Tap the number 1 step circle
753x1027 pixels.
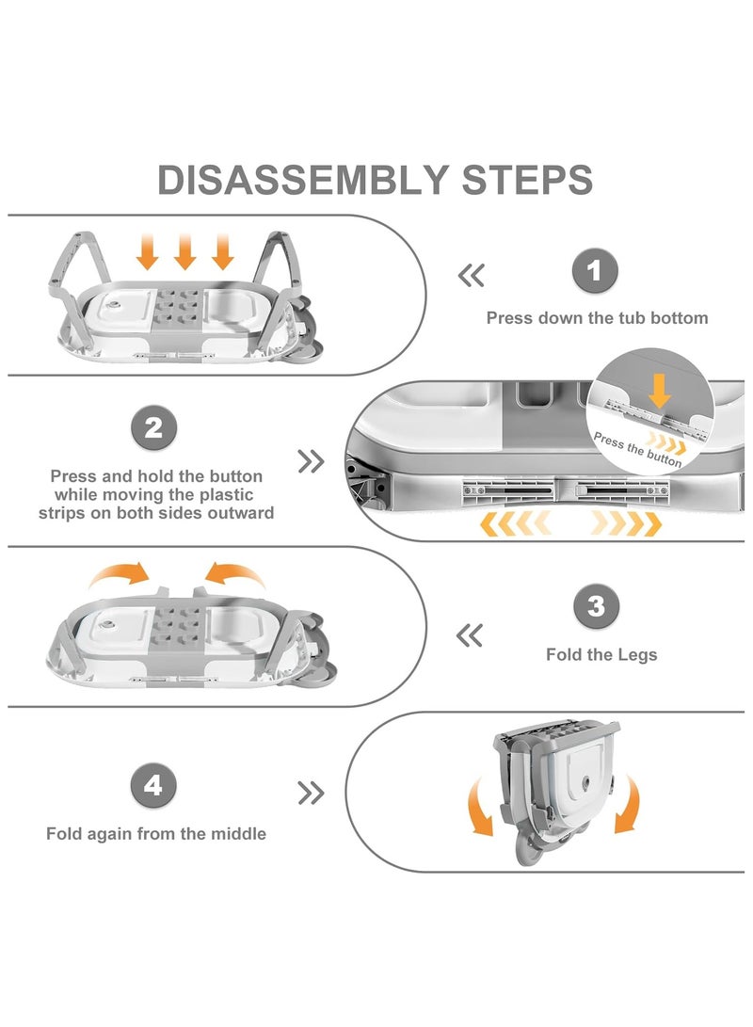(595, 272)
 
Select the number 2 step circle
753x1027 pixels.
(155, 429)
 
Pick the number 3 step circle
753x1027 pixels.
(597, 607)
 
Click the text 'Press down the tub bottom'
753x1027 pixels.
(597, 318)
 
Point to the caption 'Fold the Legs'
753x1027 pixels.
(601, 654)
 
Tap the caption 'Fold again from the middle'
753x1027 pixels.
(156, 834)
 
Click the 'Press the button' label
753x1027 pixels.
(638, 450)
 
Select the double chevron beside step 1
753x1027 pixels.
(471, 276)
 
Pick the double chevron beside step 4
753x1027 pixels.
(311, 794)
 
